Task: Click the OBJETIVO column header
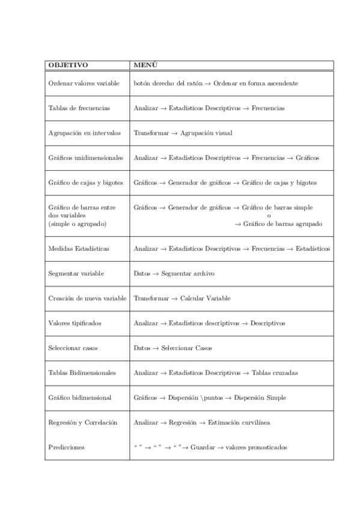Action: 68,65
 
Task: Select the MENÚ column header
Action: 145,65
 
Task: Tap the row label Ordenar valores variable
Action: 84,84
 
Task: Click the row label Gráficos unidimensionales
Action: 85,158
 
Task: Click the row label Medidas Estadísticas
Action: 78,248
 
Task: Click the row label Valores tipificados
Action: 75,323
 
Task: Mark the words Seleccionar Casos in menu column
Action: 186,348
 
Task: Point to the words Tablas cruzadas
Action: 275,373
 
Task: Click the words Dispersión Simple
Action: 260,398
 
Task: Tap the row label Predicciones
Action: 66,447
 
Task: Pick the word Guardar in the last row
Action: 202,447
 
